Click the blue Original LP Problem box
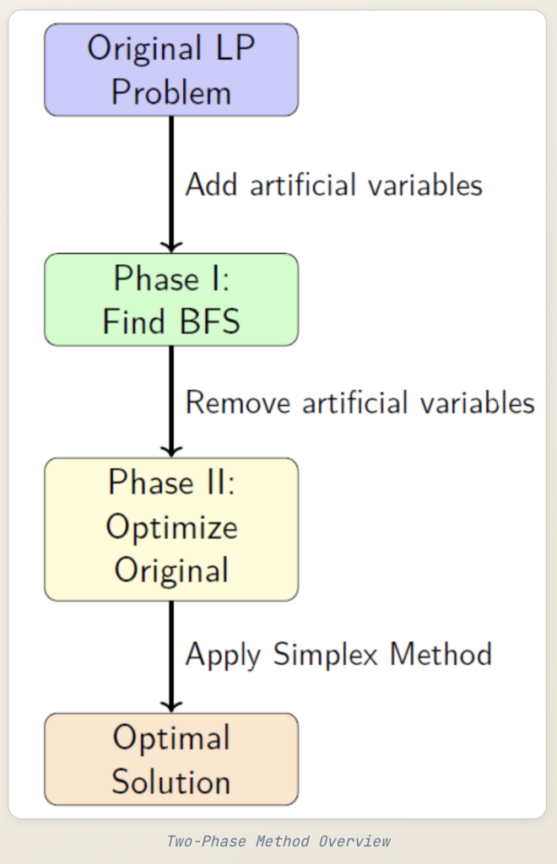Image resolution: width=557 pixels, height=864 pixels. [x=171, y=70]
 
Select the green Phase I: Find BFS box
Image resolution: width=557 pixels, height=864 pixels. [x=171, y=300]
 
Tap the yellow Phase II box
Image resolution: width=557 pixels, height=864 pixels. [x=171, y=529]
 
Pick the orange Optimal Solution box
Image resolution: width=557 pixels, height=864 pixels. [x=171, y=759]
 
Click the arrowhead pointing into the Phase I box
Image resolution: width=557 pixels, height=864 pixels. [x=171, y=246]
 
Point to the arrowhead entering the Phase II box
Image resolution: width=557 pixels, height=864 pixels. [x=171, y=450]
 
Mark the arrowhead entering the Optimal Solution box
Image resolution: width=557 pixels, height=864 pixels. [x=171, y=705]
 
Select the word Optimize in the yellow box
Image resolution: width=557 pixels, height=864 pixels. [x=171, y=528]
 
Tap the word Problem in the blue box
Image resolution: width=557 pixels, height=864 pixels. [x=171, y=92]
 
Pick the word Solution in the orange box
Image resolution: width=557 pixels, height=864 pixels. [x=171, y=781]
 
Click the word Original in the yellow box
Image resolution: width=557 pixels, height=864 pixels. [x=171, y=570]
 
